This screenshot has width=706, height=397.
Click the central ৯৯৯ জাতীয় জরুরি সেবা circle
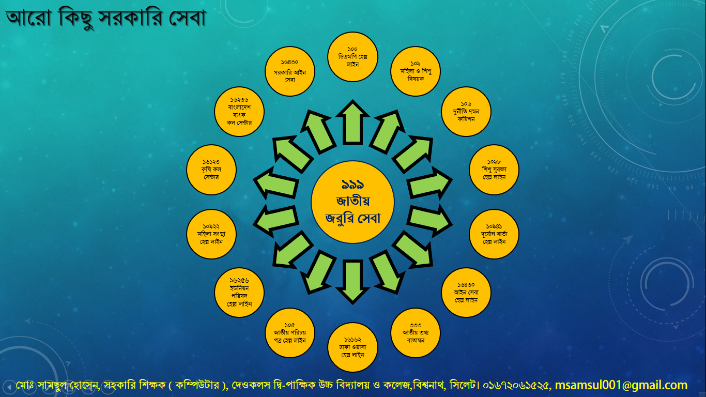click(x=352, y=202)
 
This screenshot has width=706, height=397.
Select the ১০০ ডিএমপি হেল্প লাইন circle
click(x=352, y=57)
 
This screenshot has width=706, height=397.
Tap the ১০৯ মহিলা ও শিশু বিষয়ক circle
click(x=416, y=71)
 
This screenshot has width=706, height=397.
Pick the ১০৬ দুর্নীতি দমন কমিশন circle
click(x=466, y=112)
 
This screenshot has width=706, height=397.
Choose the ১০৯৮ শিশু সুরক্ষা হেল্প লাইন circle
click(x=494, y=170)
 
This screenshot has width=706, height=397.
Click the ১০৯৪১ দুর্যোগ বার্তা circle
click(x=494, y=234)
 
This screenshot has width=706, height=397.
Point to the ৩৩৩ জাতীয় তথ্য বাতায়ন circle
click(x=416, y=333)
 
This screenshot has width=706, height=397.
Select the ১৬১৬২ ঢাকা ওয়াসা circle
click(x=352, y=347)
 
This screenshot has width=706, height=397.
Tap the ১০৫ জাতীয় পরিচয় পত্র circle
click(x=290, y=333)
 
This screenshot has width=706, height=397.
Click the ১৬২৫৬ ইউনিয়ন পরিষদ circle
click(x=239, y=292)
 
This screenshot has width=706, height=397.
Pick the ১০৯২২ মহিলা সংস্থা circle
click(x=211, y=234)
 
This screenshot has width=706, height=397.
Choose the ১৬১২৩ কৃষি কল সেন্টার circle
click(x=211, y=170)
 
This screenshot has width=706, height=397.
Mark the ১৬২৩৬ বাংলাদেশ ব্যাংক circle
click(x=239, y=112)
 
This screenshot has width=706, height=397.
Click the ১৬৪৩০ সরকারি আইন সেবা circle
click(x=290, y=71)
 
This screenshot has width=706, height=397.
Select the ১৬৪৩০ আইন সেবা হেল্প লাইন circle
click(x=466, y=292)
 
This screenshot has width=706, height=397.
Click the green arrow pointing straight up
click(x=352, y=123)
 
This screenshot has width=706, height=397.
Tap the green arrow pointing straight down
click(x=352, y=282)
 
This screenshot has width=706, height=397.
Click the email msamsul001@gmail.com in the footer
click(x=621, y=385)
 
